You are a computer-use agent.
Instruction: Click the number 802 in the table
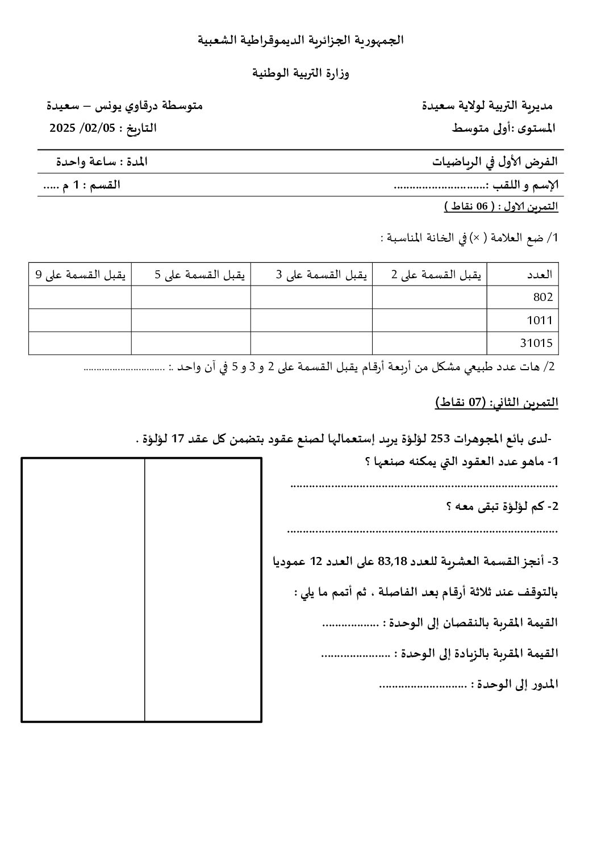tap(542, 296)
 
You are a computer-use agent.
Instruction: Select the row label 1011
tap(540, 320)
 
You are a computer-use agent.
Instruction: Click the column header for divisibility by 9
tap(81, 274)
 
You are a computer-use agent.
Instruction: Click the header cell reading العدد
tap(540, 274)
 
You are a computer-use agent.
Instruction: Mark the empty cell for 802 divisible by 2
tap(429, 297)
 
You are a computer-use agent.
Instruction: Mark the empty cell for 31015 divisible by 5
tap(191, 343)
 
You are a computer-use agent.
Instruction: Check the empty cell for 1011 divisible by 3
tap(311, 320)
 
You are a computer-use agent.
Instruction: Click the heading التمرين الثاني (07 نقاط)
tap(497, 403)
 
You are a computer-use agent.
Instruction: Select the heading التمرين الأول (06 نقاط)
tap(501, 207)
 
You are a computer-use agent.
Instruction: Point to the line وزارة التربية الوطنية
tap(300, 74)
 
